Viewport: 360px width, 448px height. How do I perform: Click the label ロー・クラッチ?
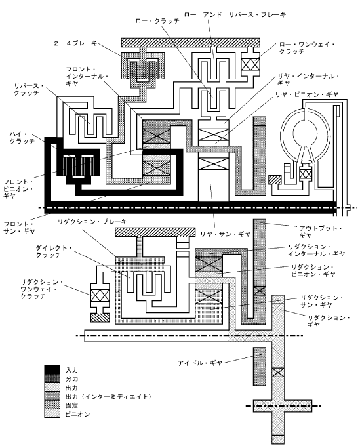(x=157, y=21)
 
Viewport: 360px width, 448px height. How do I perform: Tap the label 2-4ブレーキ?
(x=75, y=43)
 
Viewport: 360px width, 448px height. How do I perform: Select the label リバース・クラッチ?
(x=29, y=89)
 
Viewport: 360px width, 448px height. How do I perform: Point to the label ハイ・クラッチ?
(x=22, y=138)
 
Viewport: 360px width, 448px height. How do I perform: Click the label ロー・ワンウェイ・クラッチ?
(x=307, y=48)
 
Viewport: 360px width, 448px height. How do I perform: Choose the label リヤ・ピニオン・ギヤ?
(x=307, y=94)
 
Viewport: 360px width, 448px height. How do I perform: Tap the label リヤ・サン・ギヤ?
(x=225, y=234)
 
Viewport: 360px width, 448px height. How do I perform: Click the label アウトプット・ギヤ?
(x=320, y=232)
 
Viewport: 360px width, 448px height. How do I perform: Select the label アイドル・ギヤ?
(x=200, y=363)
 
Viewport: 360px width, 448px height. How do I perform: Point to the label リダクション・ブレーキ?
(x=92, y=222)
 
